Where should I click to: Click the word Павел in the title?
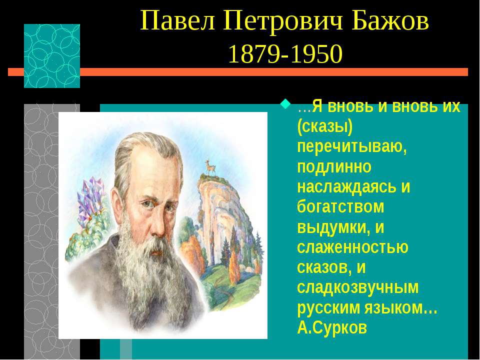coord(178,21)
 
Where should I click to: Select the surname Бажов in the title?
coord(390,21)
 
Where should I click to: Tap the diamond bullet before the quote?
coord(286,104)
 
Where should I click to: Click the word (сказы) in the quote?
coord(325,127)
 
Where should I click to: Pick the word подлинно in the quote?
coord(334,167)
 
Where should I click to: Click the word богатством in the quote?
coord(340,206)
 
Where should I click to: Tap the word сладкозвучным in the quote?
coord(357,288)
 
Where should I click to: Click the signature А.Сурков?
coord(332,327)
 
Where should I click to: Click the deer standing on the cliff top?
coord(210,168)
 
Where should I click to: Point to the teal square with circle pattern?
coord(52,56)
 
